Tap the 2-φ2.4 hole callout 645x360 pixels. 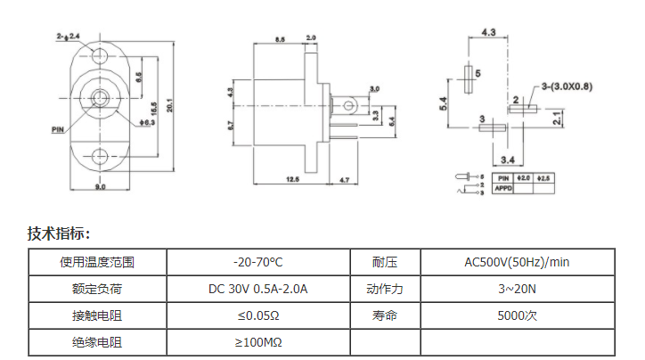click(x=68, y=36)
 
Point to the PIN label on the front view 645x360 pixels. click(x=58, y=129)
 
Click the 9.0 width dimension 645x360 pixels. click(x=100, y=187)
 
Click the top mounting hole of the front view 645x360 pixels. click(x=100, y=57)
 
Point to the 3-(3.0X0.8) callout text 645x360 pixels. click(x=567, y=86)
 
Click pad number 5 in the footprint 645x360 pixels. click(x=478, y=73)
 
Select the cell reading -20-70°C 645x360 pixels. click(x=257, y=262)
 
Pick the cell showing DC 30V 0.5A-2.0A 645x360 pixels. click(x=257, y=289)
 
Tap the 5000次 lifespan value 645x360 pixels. click(x=518, y=315)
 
